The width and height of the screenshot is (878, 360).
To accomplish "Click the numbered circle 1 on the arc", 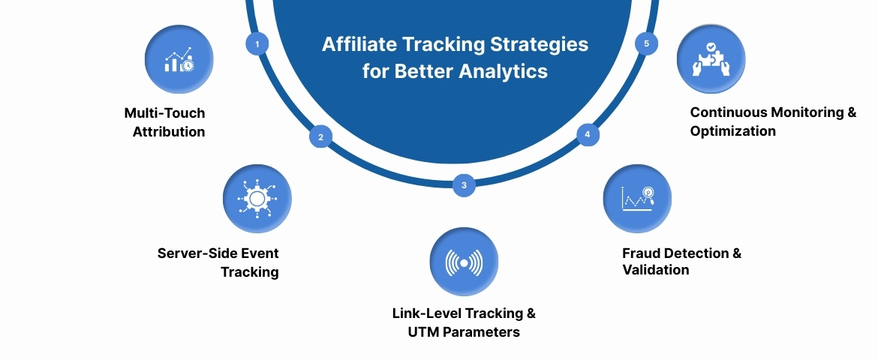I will click(x=257, y=44).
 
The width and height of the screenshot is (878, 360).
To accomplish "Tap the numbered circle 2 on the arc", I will click(x=320, y=137).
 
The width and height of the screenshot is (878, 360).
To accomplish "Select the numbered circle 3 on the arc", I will click(x=464, y=185).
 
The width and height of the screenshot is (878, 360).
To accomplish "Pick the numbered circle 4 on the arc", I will click(x=588, y=135).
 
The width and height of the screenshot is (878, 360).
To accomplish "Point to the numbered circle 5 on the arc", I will click(x=647, y=43).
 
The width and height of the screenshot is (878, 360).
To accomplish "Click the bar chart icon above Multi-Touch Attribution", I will click(x=179, y=60).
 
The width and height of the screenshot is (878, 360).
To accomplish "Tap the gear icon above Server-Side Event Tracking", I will click(x=257, y=199).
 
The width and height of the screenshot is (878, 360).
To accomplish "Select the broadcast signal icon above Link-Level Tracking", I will click(x=464, y=262).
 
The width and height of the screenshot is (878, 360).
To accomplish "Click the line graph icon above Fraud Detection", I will click(x=637, y=199).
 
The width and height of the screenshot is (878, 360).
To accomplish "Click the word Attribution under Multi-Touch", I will click(x=169, y=132).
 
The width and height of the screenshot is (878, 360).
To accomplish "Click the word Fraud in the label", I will click(x=642, y=253).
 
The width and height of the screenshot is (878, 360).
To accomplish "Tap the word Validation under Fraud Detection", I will click(x=655, y=270).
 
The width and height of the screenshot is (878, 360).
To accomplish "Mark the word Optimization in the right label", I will click(x=732, y=130).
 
